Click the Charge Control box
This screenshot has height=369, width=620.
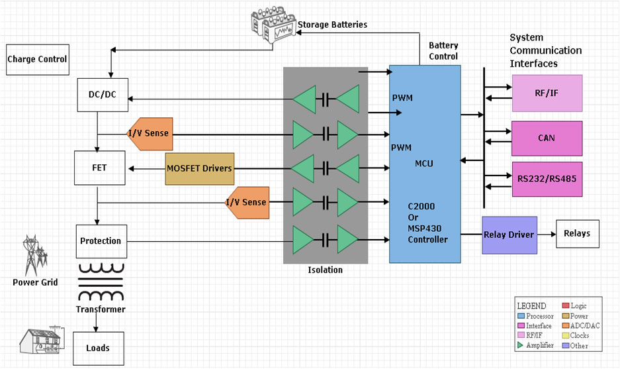[37, 59]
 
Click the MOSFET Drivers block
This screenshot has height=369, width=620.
[200, 168]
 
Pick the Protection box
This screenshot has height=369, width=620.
[100, 240]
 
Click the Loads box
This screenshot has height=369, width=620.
[97, 347]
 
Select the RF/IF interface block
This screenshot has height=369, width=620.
[547, 93]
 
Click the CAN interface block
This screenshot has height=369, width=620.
[547, 138]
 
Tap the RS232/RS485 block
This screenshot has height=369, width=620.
[547, 179]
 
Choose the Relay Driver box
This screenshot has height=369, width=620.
[509, 235]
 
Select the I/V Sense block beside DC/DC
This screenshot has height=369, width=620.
[150, 133]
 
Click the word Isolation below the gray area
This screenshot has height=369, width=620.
[325, 270]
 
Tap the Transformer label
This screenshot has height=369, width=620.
[100, 309]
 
